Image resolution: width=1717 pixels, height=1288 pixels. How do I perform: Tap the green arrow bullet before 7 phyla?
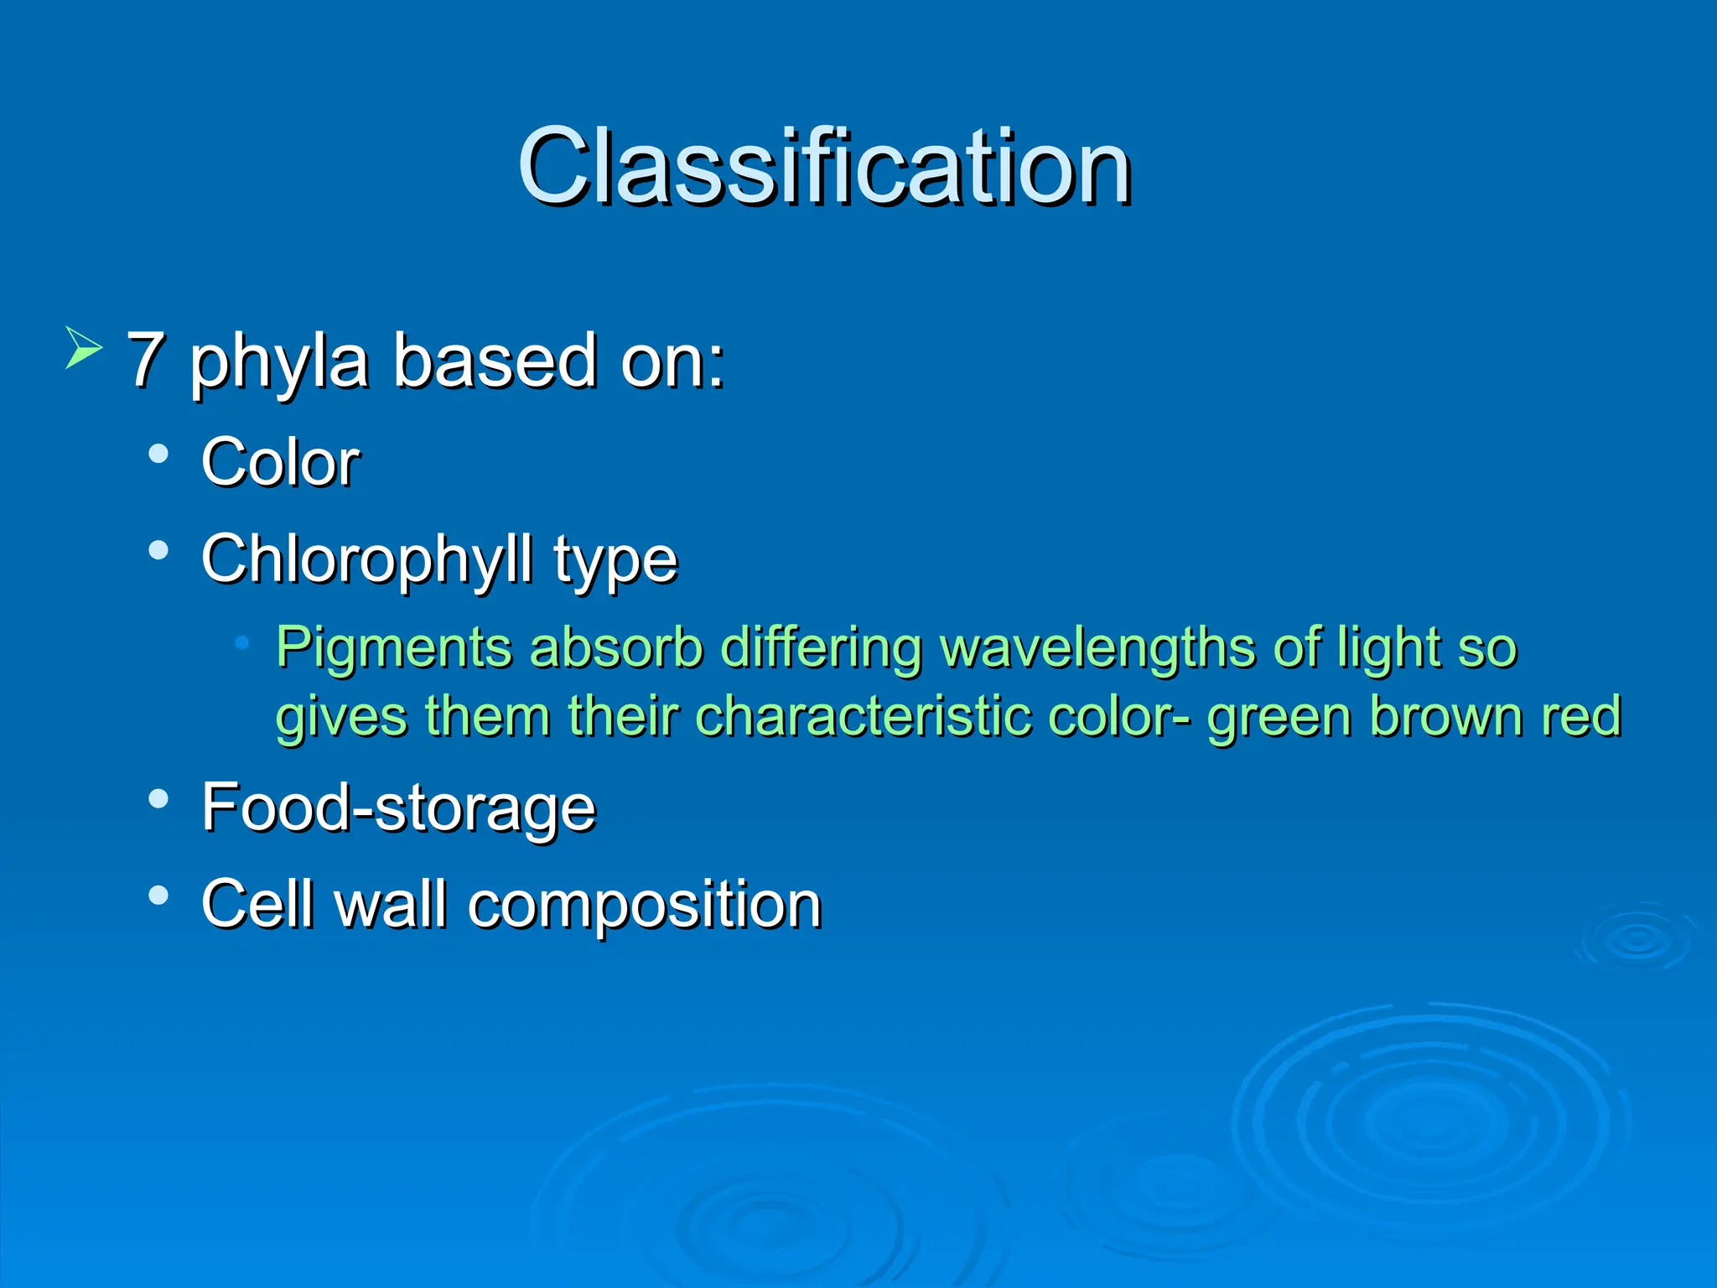point(83,348)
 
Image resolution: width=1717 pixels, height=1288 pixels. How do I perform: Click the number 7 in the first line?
point(146,361)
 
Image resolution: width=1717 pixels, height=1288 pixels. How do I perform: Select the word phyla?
point(279,362)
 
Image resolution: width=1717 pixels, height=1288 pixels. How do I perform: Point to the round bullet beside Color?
point(158,454)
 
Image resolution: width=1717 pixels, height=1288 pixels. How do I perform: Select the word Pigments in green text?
point(394,648)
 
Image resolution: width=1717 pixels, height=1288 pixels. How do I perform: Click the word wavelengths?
point(1097,648)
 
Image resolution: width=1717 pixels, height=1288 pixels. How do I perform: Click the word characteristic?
point(864,716)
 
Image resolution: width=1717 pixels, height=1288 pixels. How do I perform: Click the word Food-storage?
point(398,808)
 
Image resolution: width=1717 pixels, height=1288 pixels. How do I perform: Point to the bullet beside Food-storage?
point(158,798)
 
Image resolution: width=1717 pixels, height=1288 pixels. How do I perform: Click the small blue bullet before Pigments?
point(242,643)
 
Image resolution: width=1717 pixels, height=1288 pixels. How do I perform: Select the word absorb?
point(616,648)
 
